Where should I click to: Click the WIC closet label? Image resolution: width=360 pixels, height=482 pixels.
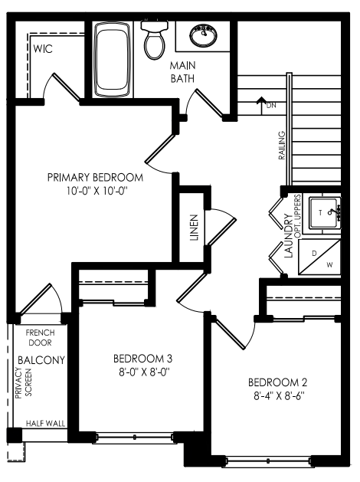tap(43, 48)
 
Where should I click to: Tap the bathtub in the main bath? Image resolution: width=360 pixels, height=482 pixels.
tap(111, 59)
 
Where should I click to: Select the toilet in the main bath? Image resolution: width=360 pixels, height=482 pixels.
tap(155, 39)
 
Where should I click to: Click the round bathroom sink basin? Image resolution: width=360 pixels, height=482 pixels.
tap(203, 35)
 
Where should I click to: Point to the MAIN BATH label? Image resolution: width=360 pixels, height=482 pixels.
tap(182, 72)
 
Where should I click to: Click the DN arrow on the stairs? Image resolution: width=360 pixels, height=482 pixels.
tap(261, 106)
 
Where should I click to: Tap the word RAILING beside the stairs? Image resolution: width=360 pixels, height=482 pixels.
tap(281, 146)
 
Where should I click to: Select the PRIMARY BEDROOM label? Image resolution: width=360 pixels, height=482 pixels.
tap(95, 178)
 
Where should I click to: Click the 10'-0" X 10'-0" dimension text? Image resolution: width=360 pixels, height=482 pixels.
tap(97, 192)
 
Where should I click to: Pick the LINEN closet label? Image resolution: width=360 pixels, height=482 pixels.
tap(194, 228)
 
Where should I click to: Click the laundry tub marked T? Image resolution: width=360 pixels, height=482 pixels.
tap(324, 213)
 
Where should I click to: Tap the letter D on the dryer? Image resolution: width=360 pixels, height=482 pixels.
tap(314, 254)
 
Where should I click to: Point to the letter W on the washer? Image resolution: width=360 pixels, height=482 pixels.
tap(329, 264)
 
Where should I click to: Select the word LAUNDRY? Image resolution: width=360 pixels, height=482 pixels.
tap(289, 236)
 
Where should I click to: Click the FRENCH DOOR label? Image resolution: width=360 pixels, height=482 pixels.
tap(41, 337)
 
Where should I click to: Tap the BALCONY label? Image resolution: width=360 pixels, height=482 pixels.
tap(41, 360)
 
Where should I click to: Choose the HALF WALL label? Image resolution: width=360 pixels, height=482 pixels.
tap(45, 424)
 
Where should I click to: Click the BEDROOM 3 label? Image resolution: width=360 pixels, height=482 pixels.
tap(142, 359)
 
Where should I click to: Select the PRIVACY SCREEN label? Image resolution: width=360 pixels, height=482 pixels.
tap(23, 382)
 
